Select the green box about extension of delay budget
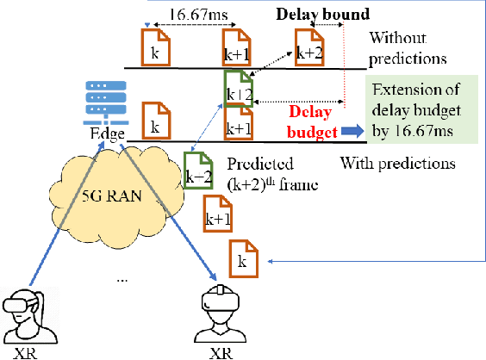click(421, 112)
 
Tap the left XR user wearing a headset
click(31, 314)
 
